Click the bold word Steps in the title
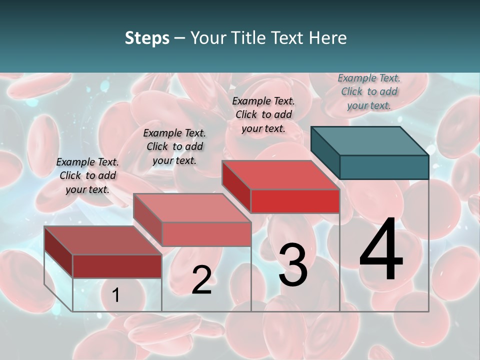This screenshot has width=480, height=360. (x=147, y=38)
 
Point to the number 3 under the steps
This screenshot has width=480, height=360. (x=293, y=265)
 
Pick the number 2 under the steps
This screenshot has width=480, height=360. (x=201, y=280)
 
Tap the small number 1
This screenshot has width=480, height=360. (x=116, y=295)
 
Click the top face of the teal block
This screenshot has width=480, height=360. (x=369, y=140)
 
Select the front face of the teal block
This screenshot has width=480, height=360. (x=384, y=167)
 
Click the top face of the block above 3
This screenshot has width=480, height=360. (x=280, y=175)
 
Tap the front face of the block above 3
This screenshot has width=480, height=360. (x=295, y=201)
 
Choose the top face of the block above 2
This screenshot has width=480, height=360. (x=191, y=208)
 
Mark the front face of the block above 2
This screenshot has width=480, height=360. (x=206, y=234)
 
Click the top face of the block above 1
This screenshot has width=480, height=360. (x=102, y=240)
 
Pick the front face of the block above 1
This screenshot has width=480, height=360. (x=117, y=266)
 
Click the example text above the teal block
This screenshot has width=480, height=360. (x=369, y=91)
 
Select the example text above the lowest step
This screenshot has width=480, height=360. (x=87, y=175)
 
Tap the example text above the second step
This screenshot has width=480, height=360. (x=174, y=146)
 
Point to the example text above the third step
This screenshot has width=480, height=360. (x=263, y=114)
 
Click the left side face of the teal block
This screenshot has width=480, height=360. (x=325, y=152)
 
